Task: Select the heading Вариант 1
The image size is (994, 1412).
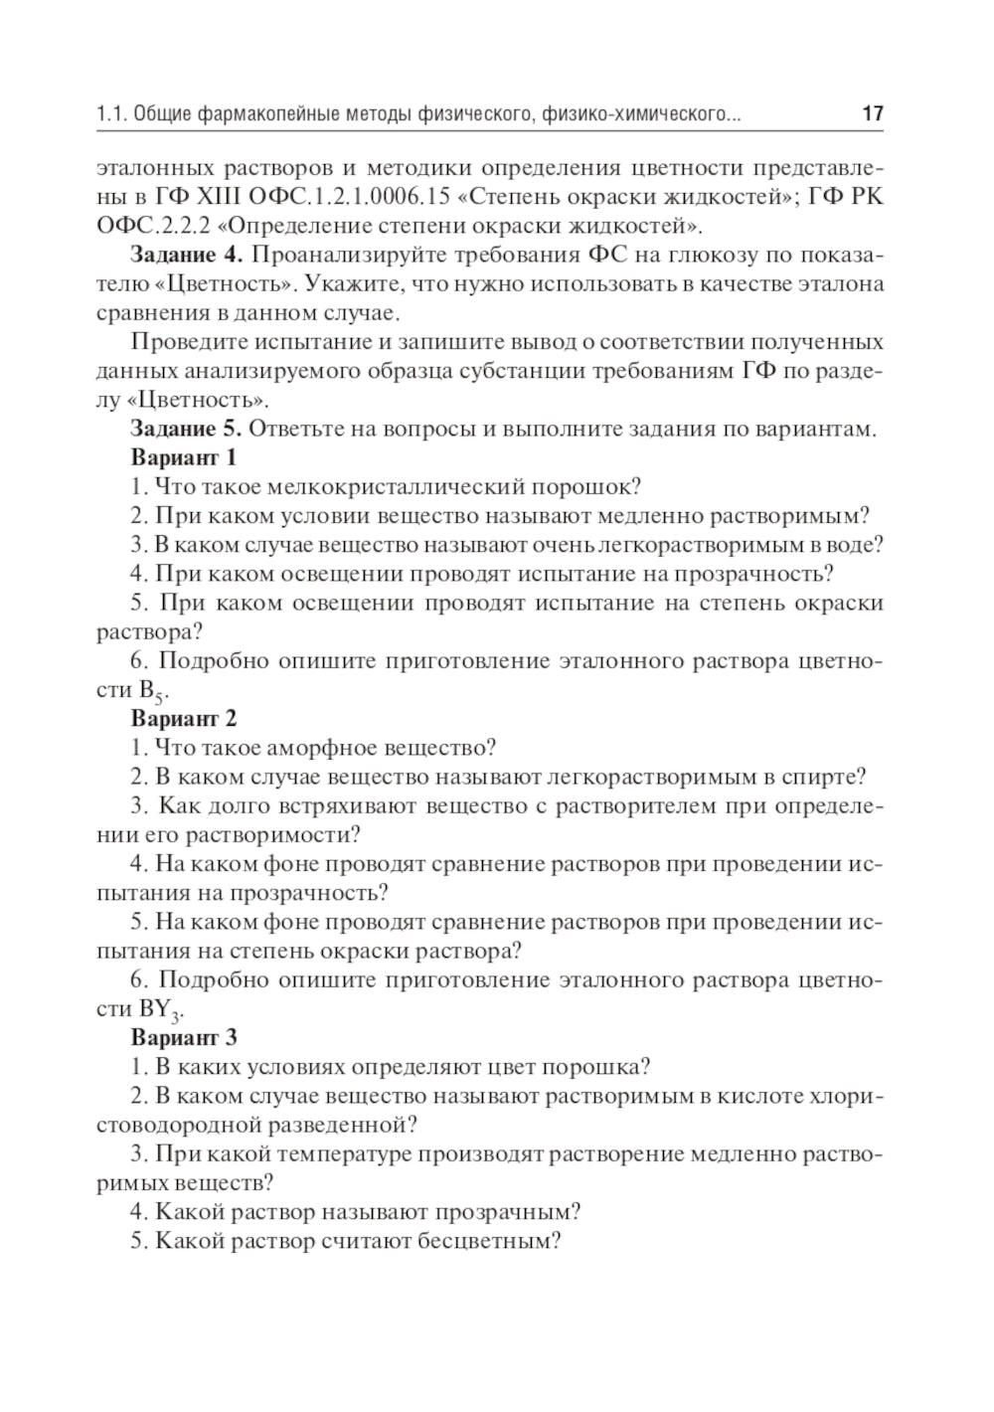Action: pos(184,458)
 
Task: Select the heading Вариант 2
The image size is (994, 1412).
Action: pos(184,718)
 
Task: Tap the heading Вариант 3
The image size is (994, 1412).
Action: pos(184,1038)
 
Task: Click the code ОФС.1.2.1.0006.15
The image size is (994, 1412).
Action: pos(347,197)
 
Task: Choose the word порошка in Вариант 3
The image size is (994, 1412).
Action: pos(596,1068)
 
